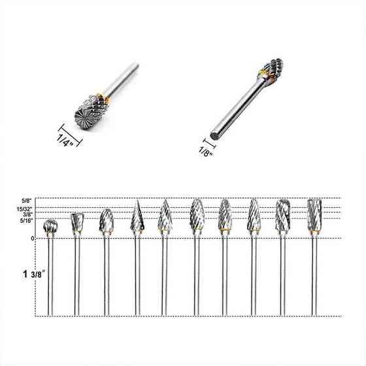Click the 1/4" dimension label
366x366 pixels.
coord(65,140)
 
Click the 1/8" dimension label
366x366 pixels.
coord(206,152)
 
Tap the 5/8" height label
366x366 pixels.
coord(26,201)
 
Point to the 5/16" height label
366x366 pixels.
coord(26,221)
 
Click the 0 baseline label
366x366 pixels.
coord(33,239)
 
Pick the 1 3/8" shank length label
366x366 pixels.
coord(33,274)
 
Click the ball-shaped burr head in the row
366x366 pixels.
coord(50,226)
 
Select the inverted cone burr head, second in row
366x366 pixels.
coord(77,222)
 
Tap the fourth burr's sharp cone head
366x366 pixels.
coord(137,215)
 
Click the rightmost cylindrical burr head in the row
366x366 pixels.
coord(314,215)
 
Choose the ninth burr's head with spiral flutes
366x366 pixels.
coord(283,215)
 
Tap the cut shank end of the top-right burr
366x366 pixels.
coord(215,135)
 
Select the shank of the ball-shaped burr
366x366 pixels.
coord(50,274)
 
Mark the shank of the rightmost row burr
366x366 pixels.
coord(314,275)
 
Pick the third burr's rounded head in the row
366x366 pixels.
coord(107,220)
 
